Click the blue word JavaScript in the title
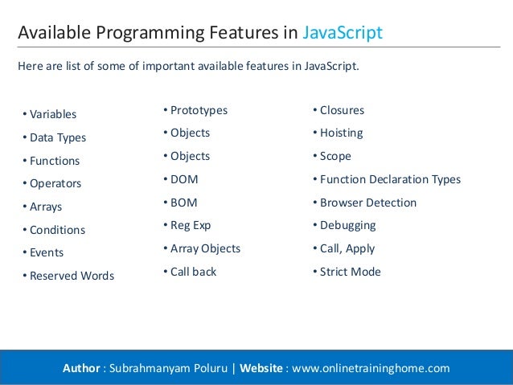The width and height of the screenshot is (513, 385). click(x=343, y=33)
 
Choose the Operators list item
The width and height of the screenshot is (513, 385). click(x=55, y=183)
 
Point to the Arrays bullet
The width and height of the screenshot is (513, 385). click(x=46, y=207)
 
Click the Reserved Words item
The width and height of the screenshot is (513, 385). click(x=72, y=276)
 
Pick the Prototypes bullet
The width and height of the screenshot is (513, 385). click(x=199, y=110)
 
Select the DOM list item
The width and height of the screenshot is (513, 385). click(x=184, y=179)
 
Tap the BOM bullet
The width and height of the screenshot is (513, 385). click(x=184, y=203)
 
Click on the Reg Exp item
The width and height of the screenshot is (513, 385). click(x=191, y=225)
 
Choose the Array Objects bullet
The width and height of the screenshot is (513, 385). click(x=205, y=248)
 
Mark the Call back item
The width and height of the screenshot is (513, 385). click(x=193, y=272)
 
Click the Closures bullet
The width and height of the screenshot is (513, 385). click(x=342, y=110)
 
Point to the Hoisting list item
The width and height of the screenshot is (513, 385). click(x=341, y=133)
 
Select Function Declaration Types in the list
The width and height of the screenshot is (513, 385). click(x=390, y=179)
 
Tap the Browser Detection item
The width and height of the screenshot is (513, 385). click(x=368, y=203)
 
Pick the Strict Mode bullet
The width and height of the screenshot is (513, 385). click(x=350, y=272)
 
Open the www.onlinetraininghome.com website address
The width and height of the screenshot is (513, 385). click(x=371, y=368)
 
